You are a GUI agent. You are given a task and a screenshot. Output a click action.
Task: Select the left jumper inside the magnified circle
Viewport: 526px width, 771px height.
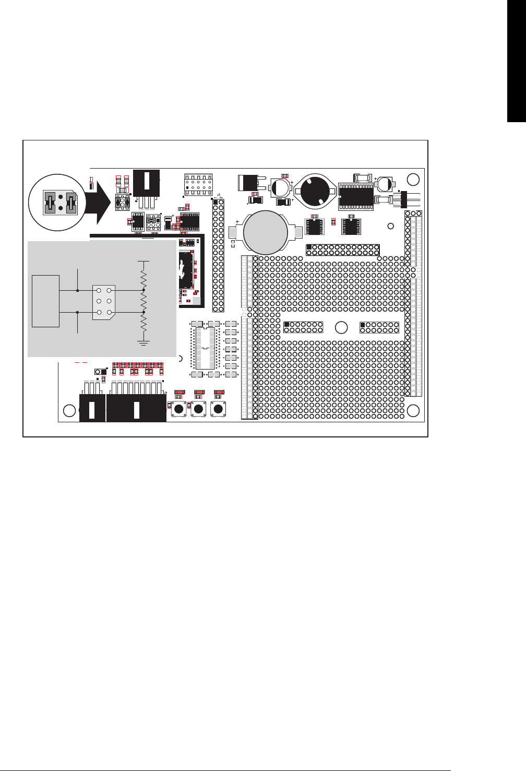(51, 202)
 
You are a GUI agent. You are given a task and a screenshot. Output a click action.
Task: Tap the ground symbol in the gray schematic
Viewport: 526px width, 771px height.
(144, 342)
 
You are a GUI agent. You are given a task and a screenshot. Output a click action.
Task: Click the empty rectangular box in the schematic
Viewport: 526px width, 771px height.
(45, 301)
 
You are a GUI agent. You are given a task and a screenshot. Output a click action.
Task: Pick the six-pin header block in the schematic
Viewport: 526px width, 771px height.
(104, 302)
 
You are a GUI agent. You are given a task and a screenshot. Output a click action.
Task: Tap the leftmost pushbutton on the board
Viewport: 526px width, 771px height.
(178, 409)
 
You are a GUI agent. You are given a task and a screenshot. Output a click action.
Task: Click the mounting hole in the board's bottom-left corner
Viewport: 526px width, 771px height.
(69, 410)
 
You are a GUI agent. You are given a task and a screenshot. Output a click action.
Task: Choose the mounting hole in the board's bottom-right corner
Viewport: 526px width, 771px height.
(413, 410)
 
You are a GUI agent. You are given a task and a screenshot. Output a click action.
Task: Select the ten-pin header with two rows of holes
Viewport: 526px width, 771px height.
(198, 184)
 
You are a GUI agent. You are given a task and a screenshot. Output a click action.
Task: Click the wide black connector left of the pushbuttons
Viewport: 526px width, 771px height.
(136, 408)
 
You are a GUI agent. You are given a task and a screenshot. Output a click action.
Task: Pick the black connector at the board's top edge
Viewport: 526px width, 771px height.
(147, 183)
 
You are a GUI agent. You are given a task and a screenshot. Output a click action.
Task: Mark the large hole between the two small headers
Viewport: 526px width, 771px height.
(341, 328)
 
